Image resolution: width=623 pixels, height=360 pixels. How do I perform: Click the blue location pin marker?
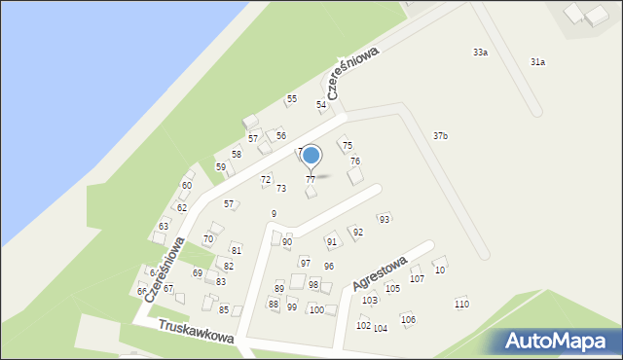[311, 156]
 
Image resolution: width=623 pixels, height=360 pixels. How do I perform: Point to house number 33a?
[480, 53]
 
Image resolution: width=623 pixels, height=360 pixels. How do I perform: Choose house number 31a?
[537, 62]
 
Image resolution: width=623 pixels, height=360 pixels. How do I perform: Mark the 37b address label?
[440, 136]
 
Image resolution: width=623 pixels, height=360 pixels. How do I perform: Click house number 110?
[461, 305]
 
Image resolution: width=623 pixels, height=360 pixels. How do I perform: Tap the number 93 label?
[385, 220]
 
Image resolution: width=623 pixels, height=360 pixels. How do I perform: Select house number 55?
[290, 100]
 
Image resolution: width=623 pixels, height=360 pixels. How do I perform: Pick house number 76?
[355, 162]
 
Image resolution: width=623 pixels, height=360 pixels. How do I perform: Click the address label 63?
[164, 227]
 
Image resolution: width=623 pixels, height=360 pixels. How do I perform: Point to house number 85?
[224, 310]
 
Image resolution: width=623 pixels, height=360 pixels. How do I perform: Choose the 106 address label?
[408, 320]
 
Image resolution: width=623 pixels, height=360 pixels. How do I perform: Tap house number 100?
[316, 310]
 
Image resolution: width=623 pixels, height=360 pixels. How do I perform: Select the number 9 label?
[275, 214]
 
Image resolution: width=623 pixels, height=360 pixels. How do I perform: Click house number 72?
[266, 180]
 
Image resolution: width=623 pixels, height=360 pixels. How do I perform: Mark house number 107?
[417, 279]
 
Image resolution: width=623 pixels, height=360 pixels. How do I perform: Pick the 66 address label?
[142, 292]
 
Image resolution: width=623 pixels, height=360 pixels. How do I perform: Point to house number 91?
[331, 242]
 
